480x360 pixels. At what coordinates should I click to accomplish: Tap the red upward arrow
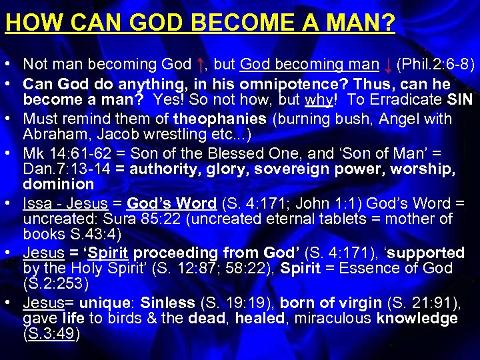(x=201, y=65)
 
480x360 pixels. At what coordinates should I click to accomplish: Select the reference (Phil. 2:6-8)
(x=435, y=65)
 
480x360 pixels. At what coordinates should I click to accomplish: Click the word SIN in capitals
(x=459, y=101)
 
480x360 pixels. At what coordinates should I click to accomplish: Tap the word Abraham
(x=51, y=134)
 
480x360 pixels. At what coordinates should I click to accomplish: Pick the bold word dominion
(x=59, y=183)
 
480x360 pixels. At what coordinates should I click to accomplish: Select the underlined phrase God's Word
(x=171, y=203)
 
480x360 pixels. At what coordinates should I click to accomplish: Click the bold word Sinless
(x=168, y=303)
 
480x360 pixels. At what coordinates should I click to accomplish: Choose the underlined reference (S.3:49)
(x=51, y=334)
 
